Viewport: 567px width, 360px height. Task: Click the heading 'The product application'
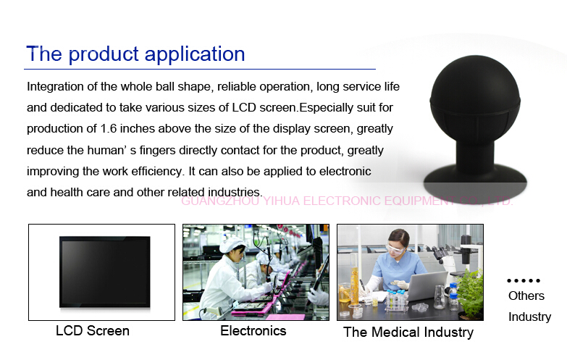point(135,54)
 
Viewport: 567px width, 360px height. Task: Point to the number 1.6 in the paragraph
point(109,129)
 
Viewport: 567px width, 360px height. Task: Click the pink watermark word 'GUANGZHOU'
point(220,201)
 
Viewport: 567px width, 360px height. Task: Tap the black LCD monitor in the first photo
point(105,272)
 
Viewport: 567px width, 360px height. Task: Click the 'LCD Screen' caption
point(93,331)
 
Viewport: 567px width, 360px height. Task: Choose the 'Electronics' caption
point(253,331)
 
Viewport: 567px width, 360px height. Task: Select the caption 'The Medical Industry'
point(408,332)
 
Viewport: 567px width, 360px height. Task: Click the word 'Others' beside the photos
point(526,296)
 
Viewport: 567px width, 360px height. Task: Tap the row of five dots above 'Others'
point(524,280)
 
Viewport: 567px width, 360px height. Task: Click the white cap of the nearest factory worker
point(232,245)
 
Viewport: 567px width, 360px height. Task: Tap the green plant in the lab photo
point(471,293)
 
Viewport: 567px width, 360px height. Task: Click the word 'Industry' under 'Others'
point(530,317)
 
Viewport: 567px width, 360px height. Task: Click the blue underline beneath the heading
point(200,69)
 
